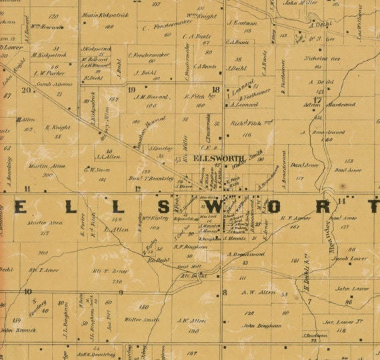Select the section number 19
(x=131, y=89)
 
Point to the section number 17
(x=318, y=100)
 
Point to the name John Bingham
(x=257, y=326)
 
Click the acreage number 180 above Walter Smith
(x=143, y=307)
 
